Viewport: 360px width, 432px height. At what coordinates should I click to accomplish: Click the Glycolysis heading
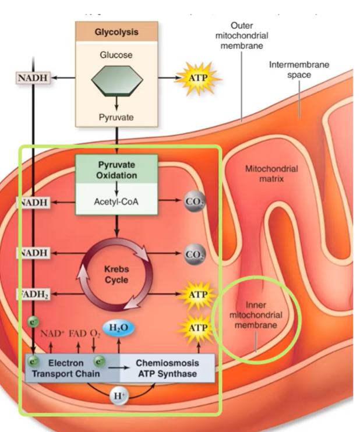click(117, 32)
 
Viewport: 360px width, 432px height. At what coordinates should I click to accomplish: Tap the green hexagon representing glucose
click(117, 80)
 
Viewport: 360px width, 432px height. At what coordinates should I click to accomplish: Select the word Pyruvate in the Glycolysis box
click(117, 118)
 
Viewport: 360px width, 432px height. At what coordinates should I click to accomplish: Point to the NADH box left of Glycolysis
click(33, 77)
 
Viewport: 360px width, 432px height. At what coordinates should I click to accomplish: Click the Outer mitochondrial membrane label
click(241, 36)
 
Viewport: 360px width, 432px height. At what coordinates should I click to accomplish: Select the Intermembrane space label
click(299, 69)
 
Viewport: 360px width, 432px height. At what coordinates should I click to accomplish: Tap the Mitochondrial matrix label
click(271, 173)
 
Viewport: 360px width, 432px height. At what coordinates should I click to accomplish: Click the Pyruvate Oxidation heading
click(117, 170)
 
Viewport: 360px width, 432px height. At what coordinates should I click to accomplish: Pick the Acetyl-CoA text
click(117, 202)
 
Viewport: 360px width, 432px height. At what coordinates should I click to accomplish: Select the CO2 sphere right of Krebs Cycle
click(194, 254)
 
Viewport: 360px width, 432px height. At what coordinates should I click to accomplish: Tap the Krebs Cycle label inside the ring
click(116, 274)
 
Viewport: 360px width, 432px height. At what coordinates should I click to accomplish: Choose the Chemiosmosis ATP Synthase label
click(166, 368)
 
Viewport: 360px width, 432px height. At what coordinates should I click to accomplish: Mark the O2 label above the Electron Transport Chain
click(95, 334)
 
